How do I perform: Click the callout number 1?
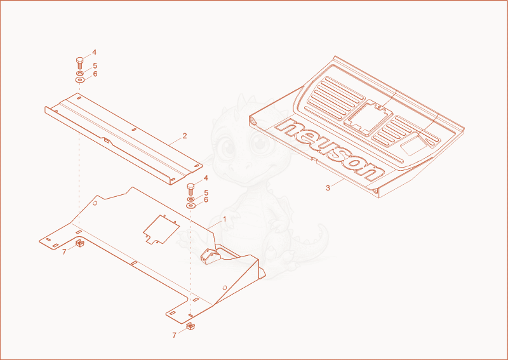tap(224, 220)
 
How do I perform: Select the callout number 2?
tap(185, 136)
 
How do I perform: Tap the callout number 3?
tap(328, 188)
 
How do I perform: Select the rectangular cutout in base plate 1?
tap(161, 229)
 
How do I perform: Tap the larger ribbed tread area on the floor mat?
tap(335, 98)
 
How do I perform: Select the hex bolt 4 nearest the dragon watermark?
tap(191, 189)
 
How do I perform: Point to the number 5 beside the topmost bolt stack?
tap(95, 66)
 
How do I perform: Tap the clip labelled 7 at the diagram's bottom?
tap(191, 326)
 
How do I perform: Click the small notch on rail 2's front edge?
tap(106, 140)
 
